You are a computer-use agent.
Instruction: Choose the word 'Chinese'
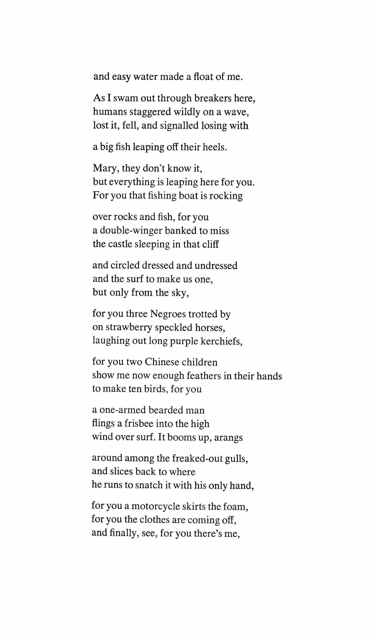(x=161, y=362)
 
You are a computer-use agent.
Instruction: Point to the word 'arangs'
(x=228, y=437)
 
